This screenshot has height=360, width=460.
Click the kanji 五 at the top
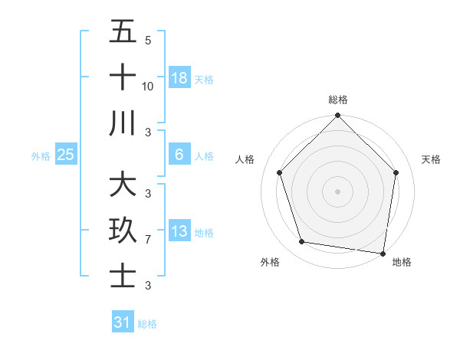[123, 33]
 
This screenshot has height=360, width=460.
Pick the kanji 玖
[123, 231]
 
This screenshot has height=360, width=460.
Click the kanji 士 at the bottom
[123, 276]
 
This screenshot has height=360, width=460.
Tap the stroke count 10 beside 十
[148, 87]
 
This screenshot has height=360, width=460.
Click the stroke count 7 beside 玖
[148, 240]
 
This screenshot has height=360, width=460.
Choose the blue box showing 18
[179, 78]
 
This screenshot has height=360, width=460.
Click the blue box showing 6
[179, 155]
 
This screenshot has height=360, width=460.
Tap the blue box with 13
[179, 231]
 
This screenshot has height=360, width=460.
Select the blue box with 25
[66, 155]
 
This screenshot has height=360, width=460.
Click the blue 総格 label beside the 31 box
[147, 324]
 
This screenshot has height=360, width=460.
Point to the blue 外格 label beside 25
[41, 156]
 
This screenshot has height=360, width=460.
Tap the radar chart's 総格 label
[337, 100]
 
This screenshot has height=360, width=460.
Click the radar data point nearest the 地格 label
[383, 253]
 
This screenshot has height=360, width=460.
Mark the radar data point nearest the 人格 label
[280, 172]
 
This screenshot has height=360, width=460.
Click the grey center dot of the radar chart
[337, 191]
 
